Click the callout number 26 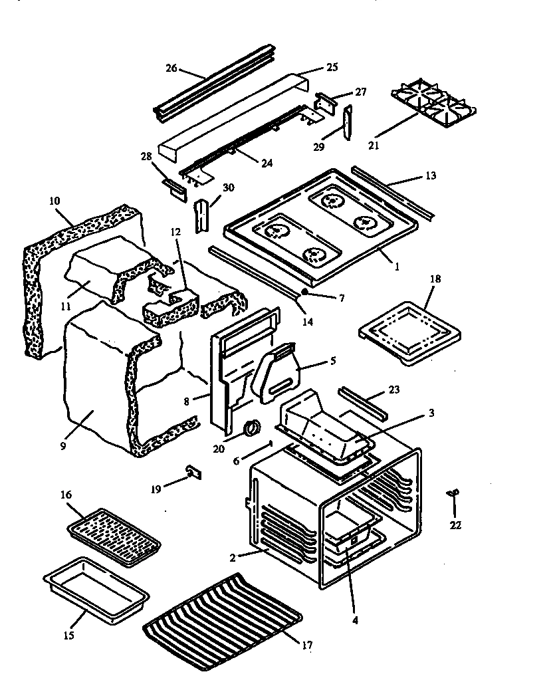point(171,68)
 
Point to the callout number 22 point(455,525)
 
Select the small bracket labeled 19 point(193,472)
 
